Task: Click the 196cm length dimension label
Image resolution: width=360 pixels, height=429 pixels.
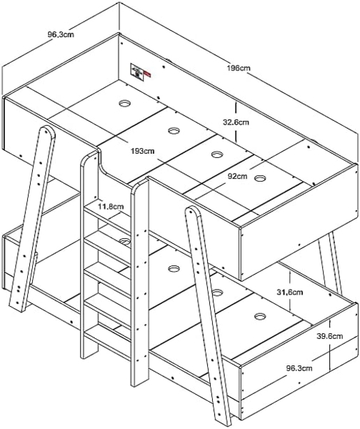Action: click(x=239, y=68)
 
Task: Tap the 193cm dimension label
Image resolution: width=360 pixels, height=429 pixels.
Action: click(x=142, y=151)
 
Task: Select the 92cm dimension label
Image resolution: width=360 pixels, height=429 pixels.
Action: click(x=237, y=176)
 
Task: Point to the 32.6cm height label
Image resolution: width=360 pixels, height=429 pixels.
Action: click(x=236, y=122)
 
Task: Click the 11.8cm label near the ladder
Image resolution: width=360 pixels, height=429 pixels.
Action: click(x=111, y=206)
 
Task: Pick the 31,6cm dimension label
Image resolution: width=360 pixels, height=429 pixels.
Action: click(x=290, y=292)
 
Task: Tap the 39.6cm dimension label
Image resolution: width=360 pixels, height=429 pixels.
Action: click(x=330, y=336)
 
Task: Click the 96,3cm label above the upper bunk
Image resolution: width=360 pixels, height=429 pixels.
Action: click(x=61, y=34)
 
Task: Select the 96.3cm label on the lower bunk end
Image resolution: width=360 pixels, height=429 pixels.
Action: click(x=299, y=368)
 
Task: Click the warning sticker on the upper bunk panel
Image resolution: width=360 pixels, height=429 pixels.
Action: click(x=137, y=72)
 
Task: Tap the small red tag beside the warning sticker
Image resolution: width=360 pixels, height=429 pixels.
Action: click(x=147, y=74)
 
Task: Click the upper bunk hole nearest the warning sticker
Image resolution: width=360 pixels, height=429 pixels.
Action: click(x=125, y=104)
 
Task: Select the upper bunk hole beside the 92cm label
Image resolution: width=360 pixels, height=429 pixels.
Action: click(x=260, y=178)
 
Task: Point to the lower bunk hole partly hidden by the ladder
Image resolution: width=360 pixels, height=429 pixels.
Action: click(x=125, y=241)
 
